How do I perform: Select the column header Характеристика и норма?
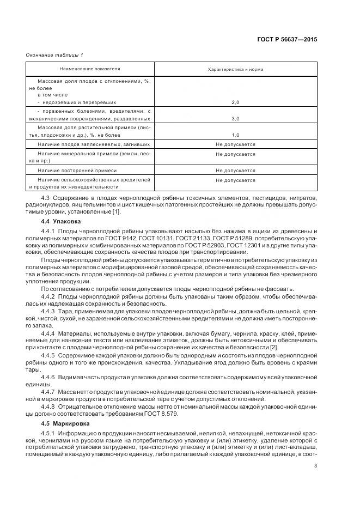tap(235, 70)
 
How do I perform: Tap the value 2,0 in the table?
tap(235, 102)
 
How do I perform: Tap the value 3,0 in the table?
tap(235, 118)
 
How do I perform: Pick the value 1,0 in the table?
tap(235, 135)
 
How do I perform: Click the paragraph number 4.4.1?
tap(48, 232)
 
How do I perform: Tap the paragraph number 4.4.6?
tap(48, 377)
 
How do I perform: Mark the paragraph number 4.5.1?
tap(48, 433)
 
